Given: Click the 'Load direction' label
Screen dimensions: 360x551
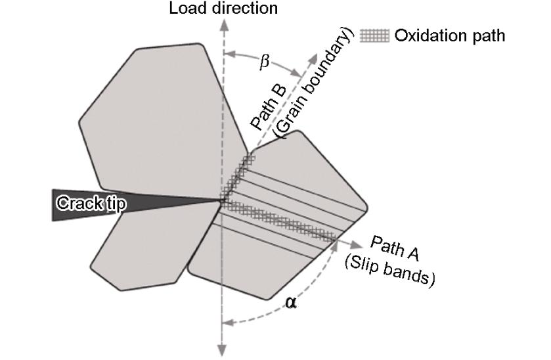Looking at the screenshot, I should (223, 9).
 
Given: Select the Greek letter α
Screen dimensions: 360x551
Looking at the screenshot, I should (291, 303).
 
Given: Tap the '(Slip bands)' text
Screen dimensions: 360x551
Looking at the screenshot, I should (390, 270).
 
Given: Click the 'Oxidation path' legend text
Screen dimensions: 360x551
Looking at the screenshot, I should (450, 35).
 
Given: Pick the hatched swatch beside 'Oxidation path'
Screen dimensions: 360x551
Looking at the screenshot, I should (376, 35).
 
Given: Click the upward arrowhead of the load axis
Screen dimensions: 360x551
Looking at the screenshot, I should (223, 24).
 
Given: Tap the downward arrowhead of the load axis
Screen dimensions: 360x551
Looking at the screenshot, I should (223, 351).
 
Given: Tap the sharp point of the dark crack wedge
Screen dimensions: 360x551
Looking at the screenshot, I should (221, 200).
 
